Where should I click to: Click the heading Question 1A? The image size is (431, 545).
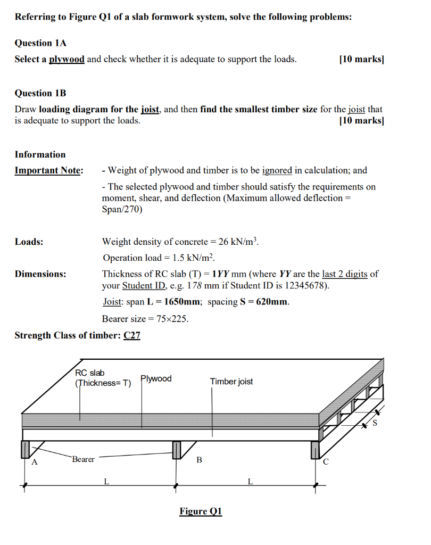pos(40,43)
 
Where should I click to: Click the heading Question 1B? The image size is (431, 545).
pos(40,93)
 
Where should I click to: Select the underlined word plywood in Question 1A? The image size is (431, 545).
pos(67,59)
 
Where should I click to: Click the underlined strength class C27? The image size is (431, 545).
pos(131,335)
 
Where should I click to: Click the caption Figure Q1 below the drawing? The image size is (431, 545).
pos(201,511)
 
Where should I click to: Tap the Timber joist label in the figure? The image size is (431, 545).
pos(231,382)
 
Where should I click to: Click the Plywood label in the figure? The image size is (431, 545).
pos(156,379)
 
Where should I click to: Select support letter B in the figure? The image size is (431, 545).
pos(199,460)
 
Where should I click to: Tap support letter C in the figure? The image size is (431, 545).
pos(326,462)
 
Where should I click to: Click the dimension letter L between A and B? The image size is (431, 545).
pos(106,482)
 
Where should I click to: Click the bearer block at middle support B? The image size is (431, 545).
pos(177,450)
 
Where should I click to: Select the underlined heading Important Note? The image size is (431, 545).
pos(48,170)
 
